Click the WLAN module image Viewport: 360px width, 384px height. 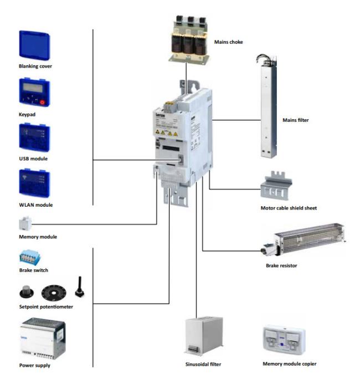pyautogui.click(x=34, y=184)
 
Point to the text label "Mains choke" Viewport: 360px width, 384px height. pyautogui.click(x=228, y=42)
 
